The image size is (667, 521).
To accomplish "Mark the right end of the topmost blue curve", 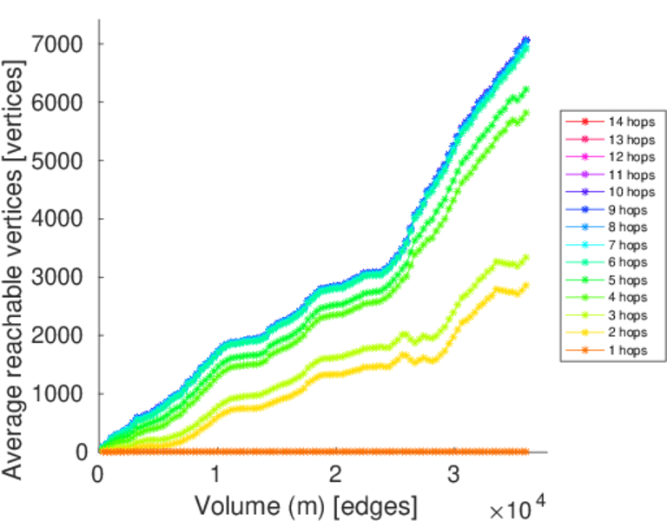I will (x=525, y=40).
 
